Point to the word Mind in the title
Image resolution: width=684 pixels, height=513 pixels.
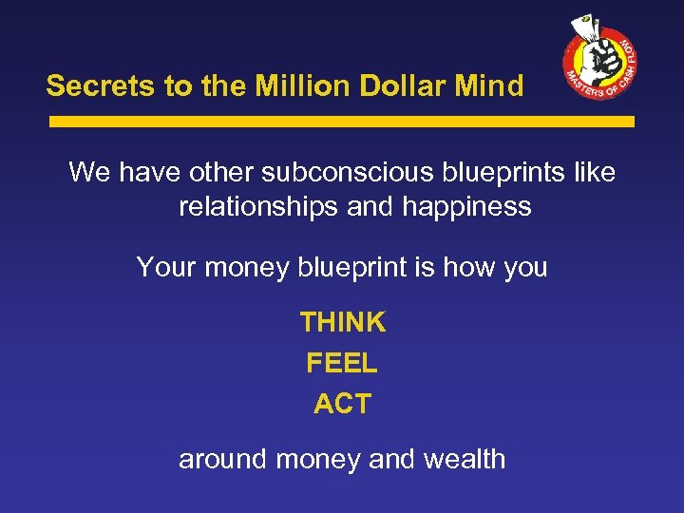coord(491,86)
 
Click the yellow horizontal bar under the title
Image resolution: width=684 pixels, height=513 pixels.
coord(341,122)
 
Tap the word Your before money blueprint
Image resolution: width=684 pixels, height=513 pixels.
coord(166,267)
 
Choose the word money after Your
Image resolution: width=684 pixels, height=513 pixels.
coord(245,267)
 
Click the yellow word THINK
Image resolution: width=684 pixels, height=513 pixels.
coord(342,323)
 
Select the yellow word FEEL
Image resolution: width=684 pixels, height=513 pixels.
coord(342,363)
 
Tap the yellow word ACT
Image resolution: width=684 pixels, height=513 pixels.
coord(342,404)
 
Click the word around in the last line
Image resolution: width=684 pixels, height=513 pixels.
coord(223,460)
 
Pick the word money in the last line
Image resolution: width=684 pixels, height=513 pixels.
coord(317,460)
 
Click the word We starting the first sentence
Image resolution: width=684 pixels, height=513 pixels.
coord(90,173)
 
